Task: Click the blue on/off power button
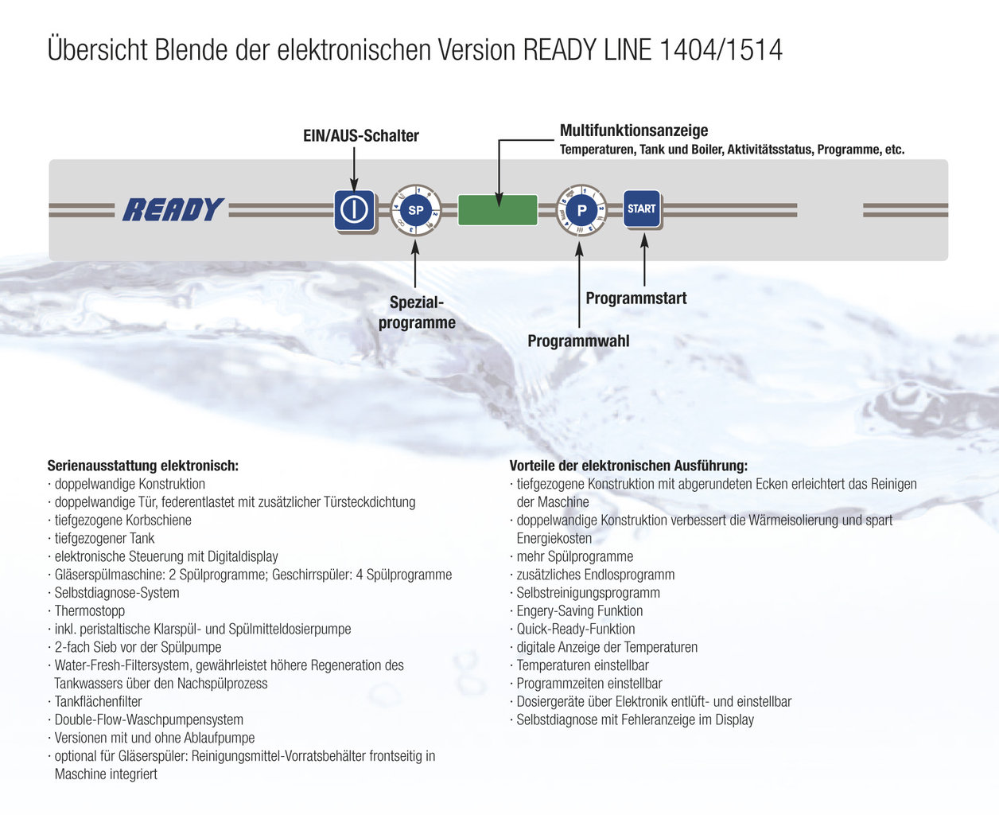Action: point(354,210)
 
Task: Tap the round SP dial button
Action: point(415,210)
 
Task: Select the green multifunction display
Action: point(497,210)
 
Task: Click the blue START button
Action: point(641,209)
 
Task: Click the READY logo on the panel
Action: point(173,210)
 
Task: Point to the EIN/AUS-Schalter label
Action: point(361,136)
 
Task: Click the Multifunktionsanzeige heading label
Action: point(634,131)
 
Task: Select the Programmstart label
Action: point(636,298)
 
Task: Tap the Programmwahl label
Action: point(578,341)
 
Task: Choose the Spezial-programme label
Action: point(417,313)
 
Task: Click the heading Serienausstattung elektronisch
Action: point(143,466)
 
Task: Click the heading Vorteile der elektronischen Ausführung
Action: point(628,466)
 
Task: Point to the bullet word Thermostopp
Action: point(90,611)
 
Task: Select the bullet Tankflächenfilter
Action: point(98,702)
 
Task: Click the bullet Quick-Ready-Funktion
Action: point(576,630)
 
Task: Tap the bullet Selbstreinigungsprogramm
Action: point(589,593)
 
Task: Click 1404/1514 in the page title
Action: point(721,50)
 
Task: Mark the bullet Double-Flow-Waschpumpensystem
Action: point(149,720)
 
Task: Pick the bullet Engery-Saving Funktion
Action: point(580,611)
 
